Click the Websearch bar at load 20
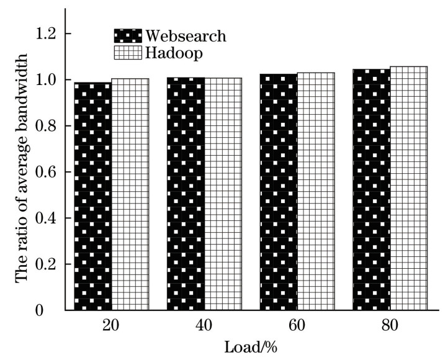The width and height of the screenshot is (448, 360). point(93,196)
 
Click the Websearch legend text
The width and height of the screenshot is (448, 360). point(185,35)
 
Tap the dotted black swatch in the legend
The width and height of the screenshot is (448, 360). point(128,35)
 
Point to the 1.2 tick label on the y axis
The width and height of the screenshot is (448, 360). point(43,34)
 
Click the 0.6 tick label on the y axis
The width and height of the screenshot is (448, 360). point(43,172)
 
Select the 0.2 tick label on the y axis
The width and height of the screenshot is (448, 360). point(43,264)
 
